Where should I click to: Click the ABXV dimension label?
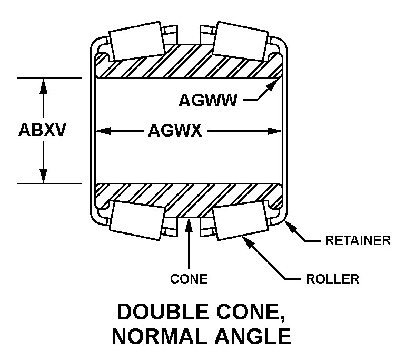click(x=42, y=130)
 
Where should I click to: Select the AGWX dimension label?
click(x=175, y=130)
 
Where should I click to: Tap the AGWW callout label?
click(x=207, y=100)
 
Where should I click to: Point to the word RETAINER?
click(x=358, y=240)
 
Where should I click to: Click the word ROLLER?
click(x=333, y=279)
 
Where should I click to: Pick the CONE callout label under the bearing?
click(x=189, y=279)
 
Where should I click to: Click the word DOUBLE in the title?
click(x=163, y=312)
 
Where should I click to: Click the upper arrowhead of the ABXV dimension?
click(x=43, y=86)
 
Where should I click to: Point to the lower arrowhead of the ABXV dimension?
click(x=43, y=176)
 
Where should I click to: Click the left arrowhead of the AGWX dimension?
click(x=103, y=131)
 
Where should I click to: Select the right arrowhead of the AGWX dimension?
click(x=274, y=131)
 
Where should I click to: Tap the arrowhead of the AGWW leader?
click(x=272, y=85)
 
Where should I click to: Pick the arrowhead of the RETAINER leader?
click(x=291, y=227)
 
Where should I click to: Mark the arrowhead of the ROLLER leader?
click(x=247, y=241)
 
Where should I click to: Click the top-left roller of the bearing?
click(x=137, y=41)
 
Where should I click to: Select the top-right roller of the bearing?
click(x=240, y=41)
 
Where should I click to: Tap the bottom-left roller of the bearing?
click(x=137, y=220)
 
